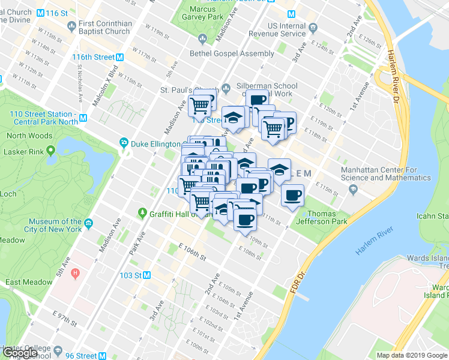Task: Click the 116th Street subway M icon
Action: [120, 57]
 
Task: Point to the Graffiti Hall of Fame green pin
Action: [142, 212]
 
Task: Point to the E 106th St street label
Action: [192, 253]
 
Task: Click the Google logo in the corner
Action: [20, 353]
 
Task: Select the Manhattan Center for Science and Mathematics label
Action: [385, 173]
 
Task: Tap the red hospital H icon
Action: [75, 274]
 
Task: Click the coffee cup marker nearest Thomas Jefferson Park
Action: [292, 196]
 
